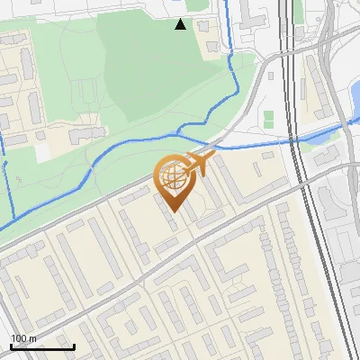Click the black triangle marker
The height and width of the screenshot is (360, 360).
[181, 24]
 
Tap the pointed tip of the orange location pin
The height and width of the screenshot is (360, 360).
[172, 212]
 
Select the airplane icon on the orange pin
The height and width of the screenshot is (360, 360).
[199, 164]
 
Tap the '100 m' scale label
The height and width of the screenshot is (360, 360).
[24, 338]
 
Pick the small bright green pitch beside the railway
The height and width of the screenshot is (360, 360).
[269, 118]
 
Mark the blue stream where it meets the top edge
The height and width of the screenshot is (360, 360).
[226, 3]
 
